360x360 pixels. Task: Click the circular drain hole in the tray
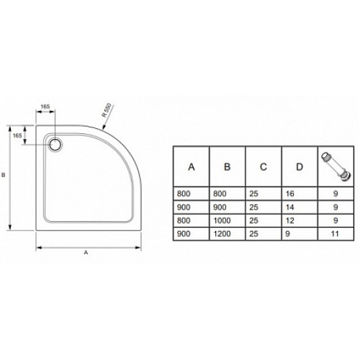pos(55,145)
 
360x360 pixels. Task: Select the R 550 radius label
pos(107,110)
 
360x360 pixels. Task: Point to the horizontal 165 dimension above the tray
pos(45,107)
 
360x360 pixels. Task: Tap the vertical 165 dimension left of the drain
pos(17,135)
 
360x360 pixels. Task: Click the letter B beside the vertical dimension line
pos(4,175)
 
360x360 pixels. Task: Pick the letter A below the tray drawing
pos(86,253)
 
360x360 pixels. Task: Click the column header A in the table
pos(192,167)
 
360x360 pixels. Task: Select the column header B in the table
pos(227,167)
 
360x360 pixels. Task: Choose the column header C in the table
pos(264,167)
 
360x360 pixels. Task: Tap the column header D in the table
pos(300,167)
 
